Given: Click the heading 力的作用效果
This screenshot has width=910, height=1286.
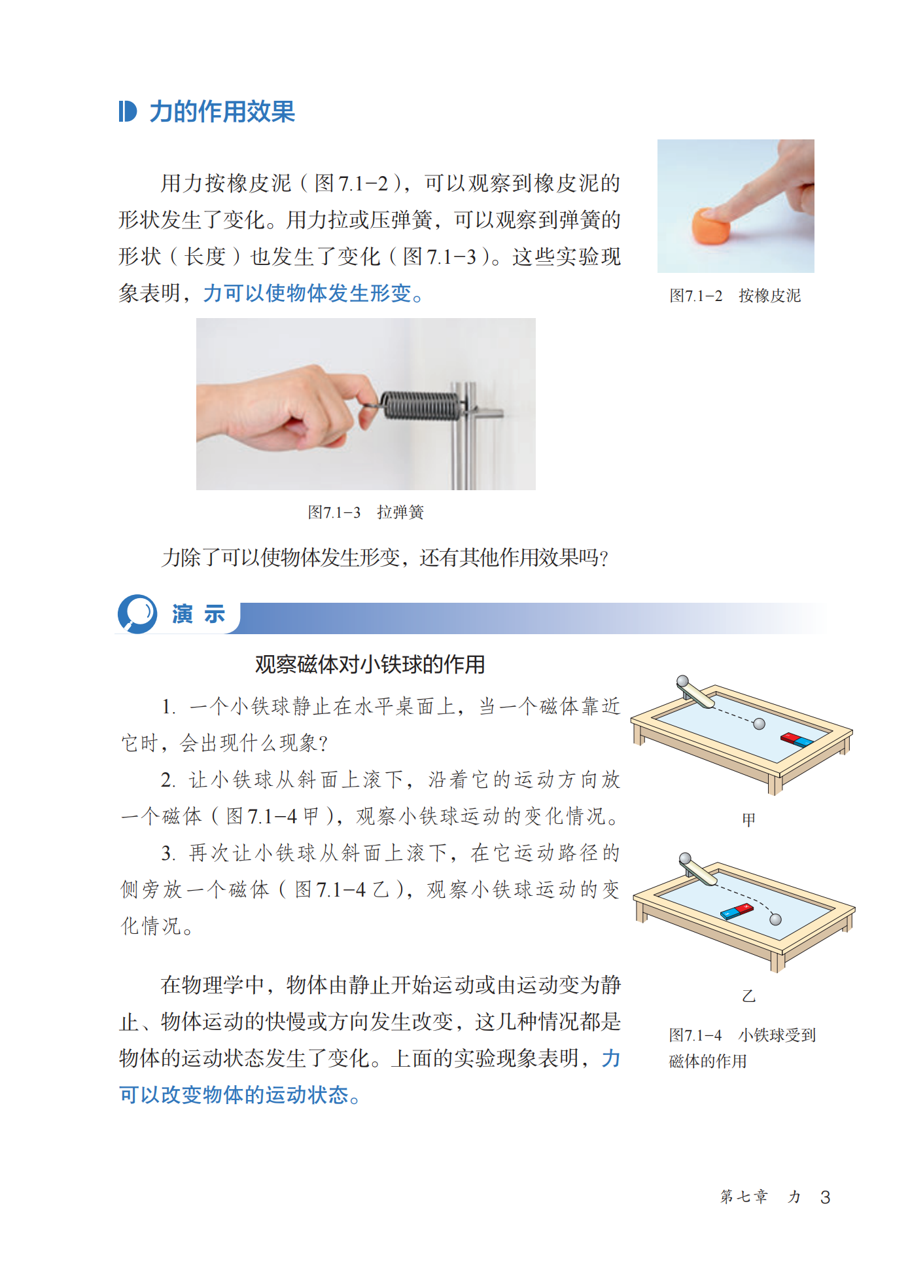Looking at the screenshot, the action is (222, 112).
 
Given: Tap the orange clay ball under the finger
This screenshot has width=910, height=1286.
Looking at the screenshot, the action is (711, 226).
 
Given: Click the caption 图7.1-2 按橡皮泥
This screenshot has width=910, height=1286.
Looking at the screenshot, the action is (735, 296).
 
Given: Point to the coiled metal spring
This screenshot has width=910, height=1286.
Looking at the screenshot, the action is (419, 405).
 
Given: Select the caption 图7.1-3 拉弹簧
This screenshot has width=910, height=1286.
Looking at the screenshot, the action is (366, 512).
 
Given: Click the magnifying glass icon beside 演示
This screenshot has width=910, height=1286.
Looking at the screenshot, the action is (137, 614).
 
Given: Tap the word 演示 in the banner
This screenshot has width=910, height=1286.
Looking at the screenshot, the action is (199, 615).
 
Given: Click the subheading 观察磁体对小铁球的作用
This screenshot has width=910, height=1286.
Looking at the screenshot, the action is (370, 665).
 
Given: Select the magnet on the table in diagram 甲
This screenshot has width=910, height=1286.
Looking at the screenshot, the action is (796, 740).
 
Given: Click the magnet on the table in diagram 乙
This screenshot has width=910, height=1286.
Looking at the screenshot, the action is (737, 911).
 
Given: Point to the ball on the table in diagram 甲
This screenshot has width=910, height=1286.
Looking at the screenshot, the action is (759, 724).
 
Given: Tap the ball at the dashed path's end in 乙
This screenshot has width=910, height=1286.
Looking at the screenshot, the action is (775, 920).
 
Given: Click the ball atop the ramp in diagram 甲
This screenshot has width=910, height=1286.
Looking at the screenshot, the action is (682, 681).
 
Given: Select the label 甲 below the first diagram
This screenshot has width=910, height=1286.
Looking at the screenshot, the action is (748, 819).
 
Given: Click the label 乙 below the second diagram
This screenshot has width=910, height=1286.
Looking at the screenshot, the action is (749, 996).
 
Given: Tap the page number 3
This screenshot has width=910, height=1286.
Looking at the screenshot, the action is (825, 1197).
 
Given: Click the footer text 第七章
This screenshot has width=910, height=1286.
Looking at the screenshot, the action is (744, 1196).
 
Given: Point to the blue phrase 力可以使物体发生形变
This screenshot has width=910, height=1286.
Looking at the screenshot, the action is (307, 293).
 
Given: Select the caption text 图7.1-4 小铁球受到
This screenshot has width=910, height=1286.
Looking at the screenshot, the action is (742, 1035).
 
